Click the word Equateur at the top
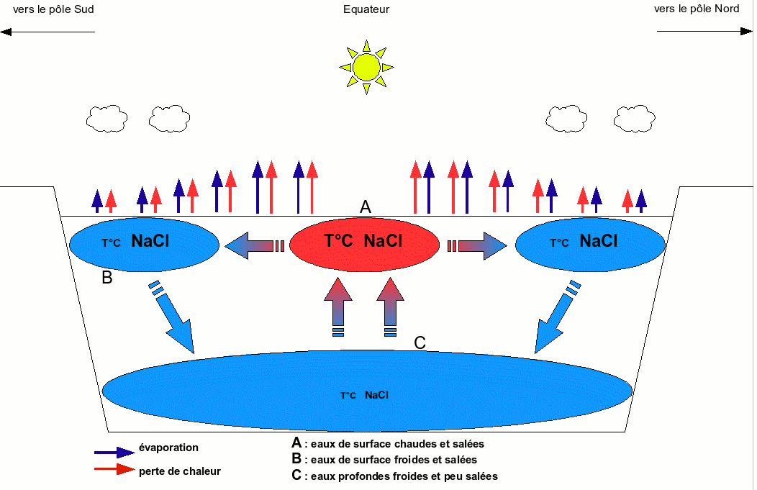[x=366, y=9]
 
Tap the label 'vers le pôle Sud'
[x=53, y=9]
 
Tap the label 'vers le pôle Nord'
[x=697, y=9]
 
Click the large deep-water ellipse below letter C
[x=367, y=392]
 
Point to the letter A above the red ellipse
[x=366, y=207]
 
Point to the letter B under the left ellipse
[x=107, y=277]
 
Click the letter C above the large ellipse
[x=421, y=343]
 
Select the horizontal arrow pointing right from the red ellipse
[x=478, y=245]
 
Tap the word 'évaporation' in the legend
[x=168, y=448]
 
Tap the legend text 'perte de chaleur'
[x=179, y=471]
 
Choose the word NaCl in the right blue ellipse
[x=598, y=242]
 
